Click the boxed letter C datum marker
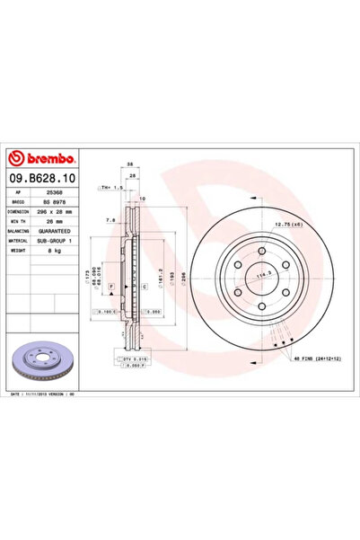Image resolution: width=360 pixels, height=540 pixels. tap(145, 285)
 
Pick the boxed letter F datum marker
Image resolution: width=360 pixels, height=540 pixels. tap(111, 285)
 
